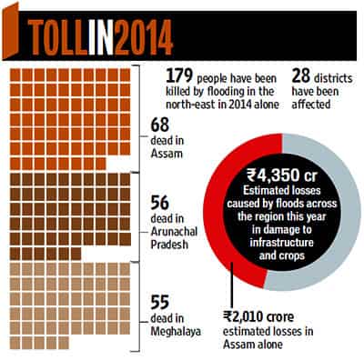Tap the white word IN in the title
102,37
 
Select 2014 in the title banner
144,37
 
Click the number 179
179,76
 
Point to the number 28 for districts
301,76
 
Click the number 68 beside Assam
160,125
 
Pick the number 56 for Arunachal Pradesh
160,203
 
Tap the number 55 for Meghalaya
160,302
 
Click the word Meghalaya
176,332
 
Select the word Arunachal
174,232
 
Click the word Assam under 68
167,154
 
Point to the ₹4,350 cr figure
282,175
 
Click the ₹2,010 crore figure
258,317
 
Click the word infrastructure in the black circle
282,243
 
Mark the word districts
333,78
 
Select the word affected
311,104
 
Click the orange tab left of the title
11,32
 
